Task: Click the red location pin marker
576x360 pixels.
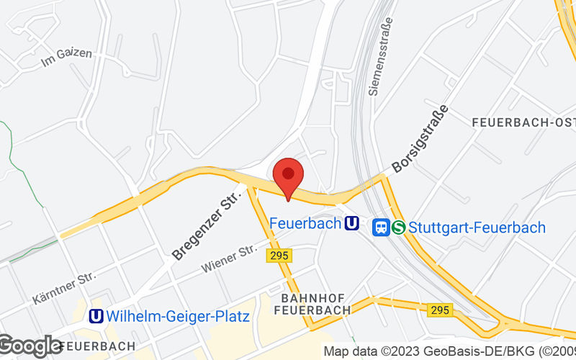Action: coord(288,176)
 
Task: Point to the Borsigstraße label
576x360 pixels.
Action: coord(420,140)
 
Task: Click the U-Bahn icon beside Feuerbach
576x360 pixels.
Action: coord(352,224)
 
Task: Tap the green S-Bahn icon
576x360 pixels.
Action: coord(400,228)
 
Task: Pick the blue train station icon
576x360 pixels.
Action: coord(382,228)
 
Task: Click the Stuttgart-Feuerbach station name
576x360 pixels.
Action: coord(477,228)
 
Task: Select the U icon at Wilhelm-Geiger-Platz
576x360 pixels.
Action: coord(95,316)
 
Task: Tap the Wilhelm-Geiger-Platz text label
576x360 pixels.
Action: coord(177,316)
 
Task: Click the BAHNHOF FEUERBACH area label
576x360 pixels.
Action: coord(313,304)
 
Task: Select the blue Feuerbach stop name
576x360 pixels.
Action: coord(305,224)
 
